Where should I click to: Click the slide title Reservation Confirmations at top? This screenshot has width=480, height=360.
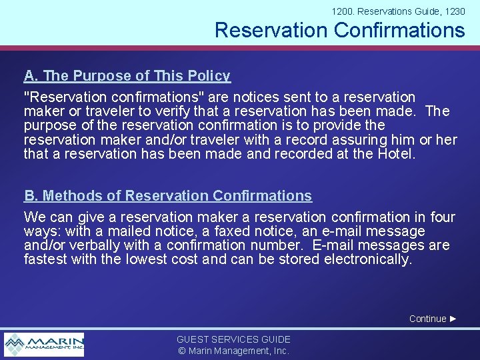tap(339, 30)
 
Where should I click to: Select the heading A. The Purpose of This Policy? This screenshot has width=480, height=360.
tap(127, 76)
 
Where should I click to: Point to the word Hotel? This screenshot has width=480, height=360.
tap(395, 153)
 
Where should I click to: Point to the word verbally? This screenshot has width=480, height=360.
tap(96, 245)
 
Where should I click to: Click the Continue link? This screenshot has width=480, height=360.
tap(427, 319)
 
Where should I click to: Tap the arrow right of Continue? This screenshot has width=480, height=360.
tap(453, 319)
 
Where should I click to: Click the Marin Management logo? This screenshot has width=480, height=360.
tap(44, 344)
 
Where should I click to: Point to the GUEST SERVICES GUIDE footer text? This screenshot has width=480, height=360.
tap(233, 339)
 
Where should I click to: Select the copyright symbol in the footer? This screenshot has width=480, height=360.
tap(181, 351)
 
